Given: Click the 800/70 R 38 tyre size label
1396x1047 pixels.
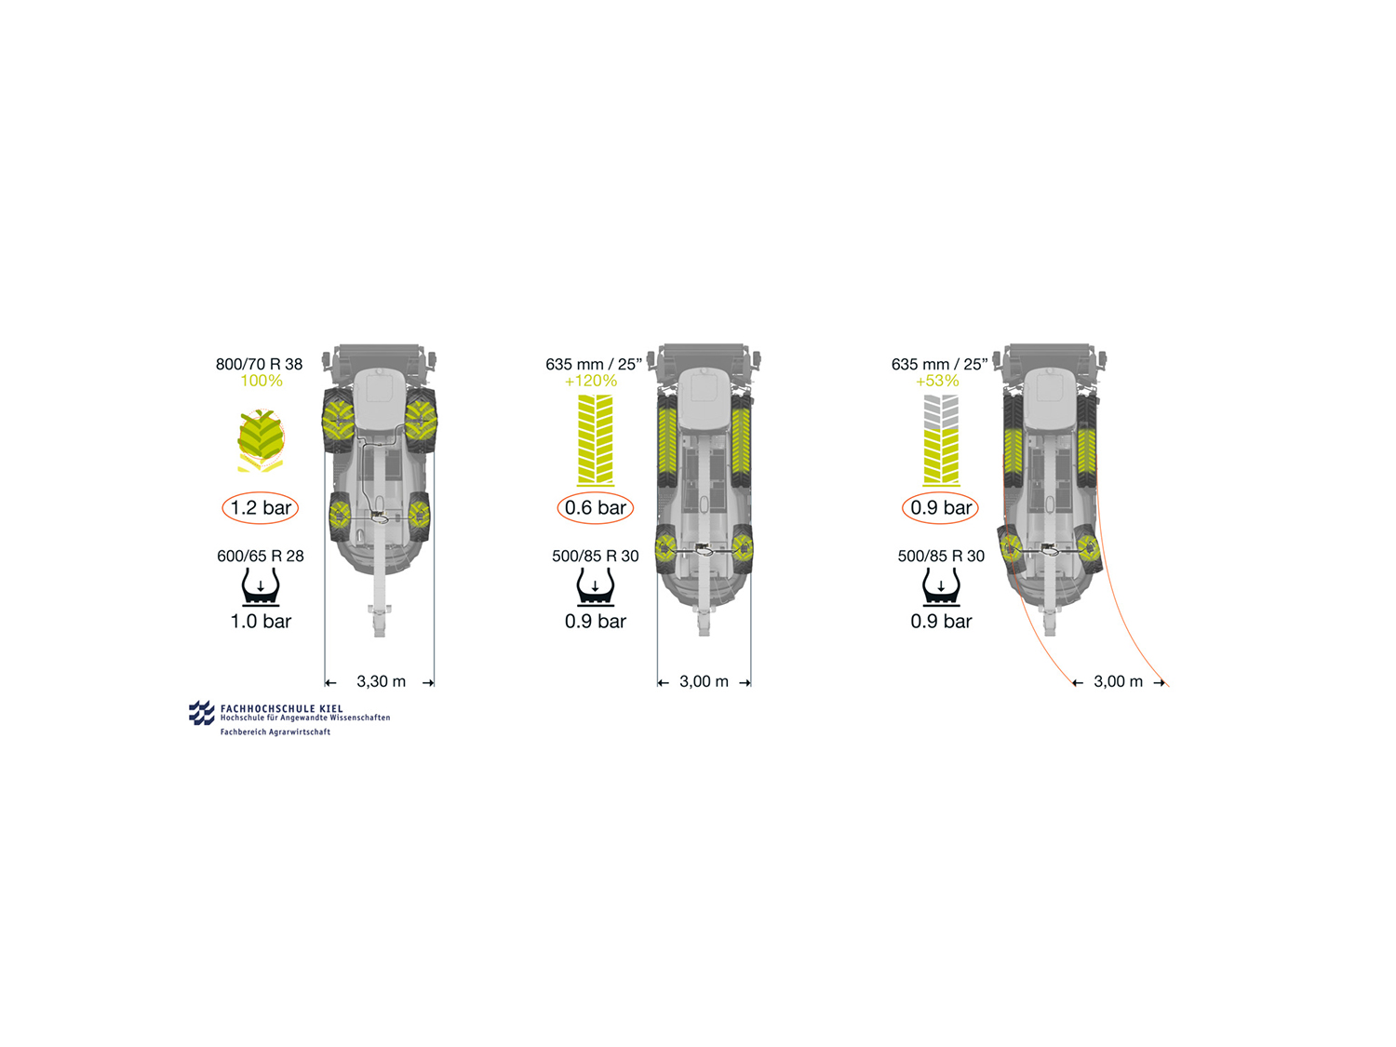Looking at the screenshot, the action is [259, 364].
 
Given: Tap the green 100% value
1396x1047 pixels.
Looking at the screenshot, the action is [262, 381].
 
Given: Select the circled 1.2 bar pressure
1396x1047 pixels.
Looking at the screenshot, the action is [260, 508].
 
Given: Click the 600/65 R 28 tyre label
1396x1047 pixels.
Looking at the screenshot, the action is [260, 557].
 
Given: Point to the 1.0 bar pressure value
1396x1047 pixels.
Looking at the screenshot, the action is [261, 621].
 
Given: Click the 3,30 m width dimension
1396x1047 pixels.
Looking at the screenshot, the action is [381, 681].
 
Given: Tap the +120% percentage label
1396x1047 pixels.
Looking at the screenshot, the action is [591, 381].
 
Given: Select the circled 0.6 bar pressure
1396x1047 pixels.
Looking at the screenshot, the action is [596, 508].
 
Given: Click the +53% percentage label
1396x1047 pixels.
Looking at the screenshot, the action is [937, 381].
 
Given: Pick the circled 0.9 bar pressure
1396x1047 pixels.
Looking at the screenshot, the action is [941, 508].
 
